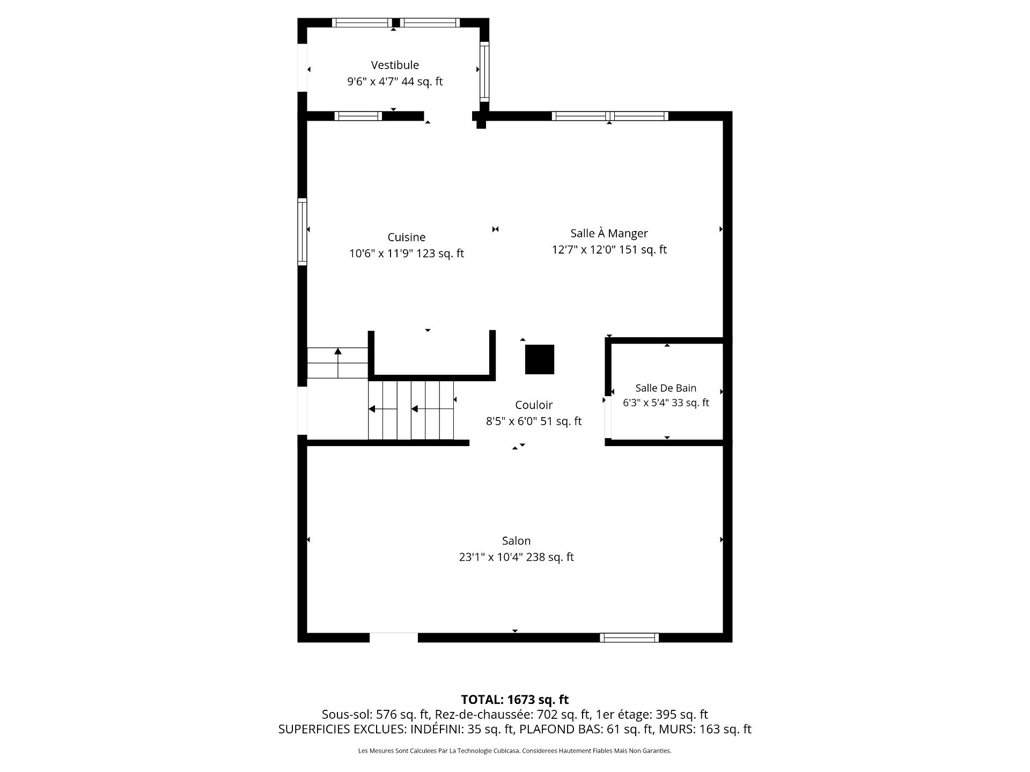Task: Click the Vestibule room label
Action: tap(395, 65)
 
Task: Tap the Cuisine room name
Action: tap(407, 237)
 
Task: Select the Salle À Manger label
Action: tap(609, 233)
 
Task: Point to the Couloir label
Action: tap(534, 405)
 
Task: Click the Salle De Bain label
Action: tap(666, 388)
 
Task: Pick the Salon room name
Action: tap(516, 541)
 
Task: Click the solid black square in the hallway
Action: tap(539, 359)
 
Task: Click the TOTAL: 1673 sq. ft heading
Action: tap(515, 700)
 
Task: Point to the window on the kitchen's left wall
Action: tap(303, 232)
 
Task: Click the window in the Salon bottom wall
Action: tap(629, 637)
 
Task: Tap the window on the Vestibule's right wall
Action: tap(484, 71)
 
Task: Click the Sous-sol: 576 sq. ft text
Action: tap(376, 715)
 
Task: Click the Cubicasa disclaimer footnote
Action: tap(515, 751)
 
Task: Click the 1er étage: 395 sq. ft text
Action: tap(652, 715)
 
